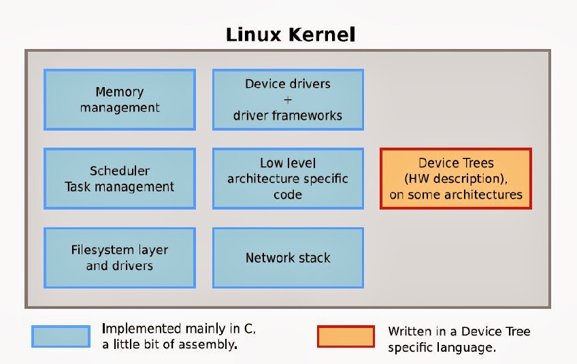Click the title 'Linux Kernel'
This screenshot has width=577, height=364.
click(291, 34)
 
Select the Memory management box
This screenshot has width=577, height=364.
click(120, 99)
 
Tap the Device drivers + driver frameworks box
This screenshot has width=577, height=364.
click(288, 99)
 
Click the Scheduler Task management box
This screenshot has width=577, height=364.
click(120, 178)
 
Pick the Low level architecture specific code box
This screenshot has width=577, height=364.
click(288, 178)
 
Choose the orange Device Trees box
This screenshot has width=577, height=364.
click(455, 178)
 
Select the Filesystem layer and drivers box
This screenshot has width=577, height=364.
click(120, 257)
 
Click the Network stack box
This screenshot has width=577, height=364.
click(288, 257)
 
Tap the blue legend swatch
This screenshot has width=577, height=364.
click(61, 336)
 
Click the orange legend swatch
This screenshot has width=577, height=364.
click(346, 336)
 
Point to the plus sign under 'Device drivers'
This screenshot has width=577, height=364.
click(288, 99)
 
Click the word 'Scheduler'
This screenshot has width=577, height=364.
click(120, 171)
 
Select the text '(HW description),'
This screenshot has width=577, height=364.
click(455, 179)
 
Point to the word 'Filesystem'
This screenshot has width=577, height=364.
click(102, 250)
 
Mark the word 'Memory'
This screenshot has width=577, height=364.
click(120, 92)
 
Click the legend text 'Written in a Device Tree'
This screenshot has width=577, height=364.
click(459, 331)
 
